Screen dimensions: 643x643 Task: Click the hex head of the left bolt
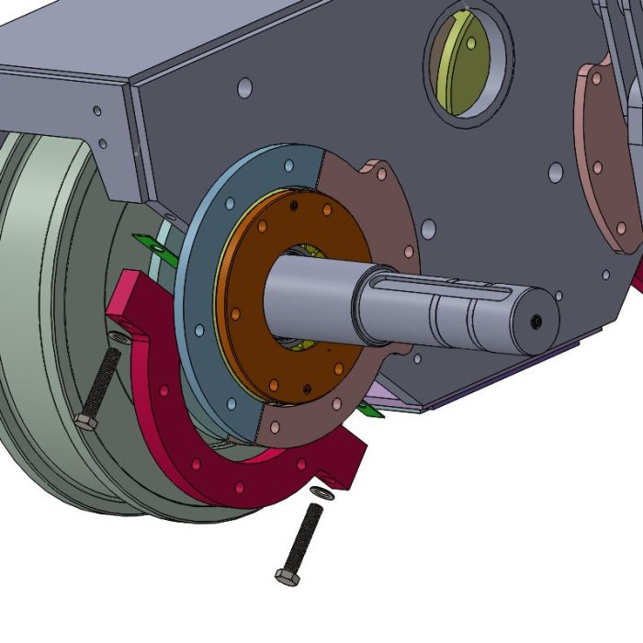point(85,422)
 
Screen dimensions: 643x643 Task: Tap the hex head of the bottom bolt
point(286,576)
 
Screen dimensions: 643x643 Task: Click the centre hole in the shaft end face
point(537,321)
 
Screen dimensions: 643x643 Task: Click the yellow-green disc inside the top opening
point(459,69)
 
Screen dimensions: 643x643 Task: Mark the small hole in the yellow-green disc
point(470,42)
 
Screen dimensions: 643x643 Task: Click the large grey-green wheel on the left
point(46,303)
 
